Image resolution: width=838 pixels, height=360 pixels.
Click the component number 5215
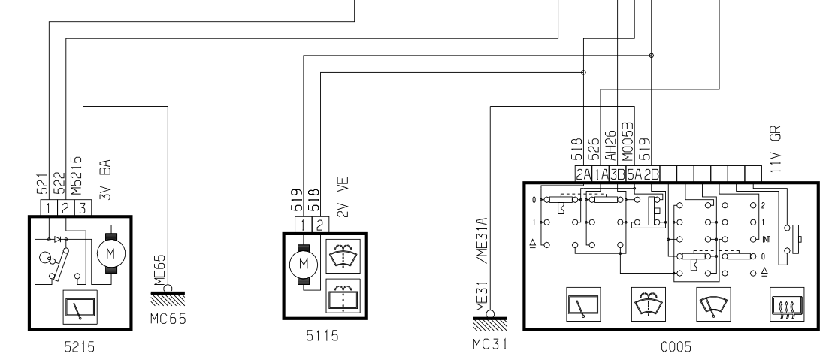[x=79, y=347]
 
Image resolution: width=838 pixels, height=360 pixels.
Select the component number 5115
[x=322, y=336]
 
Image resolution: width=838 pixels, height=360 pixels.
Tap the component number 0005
[x=676, y=348]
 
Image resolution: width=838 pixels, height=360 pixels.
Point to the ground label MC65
[x=168, y=319]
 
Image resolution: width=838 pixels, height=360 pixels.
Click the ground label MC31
[x=489, y=344]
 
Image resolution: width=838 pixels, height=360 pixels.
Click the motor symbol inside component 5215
[x=111, y=253]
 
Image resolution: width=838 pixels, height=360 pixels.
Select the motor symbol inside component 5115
[x=303, y=263]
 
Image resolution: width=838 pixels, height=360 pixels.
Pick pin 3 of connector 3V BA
[x=83, y=207]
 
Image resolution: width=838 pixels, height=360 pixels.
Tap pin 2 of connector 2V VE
[x=319, y=225]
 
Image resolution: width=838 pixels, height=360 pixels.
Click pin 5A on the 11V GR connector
[x=634, y=174]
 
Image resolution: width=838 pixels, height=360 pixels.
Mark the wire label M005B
[x=628, y=142]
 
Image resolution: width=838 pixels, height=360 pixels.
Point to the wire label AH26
[x=610, y=147]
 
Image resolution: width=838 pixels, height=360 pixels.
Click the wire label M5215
[x=77, y=176]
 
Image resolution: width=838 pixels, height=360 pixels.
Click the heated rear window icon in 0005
[x=787, y=304]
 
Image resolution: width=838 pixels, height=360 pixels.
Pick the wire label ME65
[x=160, y=271]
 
